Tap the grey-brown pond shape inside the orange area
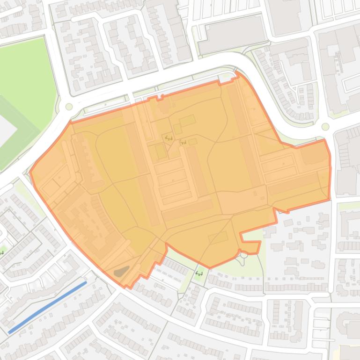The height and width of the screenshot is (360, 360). pos(121,271)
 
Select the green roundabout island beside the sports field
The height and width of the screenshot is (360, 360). pos(69,107)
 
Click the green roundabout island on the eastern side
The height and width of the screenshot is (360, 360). pos(325,127)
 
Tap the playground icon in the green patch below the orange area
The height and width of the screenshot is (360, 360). pos(199,273)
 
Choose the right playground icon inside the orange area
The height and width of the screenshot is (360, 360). pos(184,142)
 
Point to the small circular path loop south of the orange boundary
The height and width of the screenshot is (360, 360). pos(243,254)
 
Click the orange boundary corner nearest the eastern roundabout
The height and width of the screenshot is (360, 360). pos(324,140)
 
